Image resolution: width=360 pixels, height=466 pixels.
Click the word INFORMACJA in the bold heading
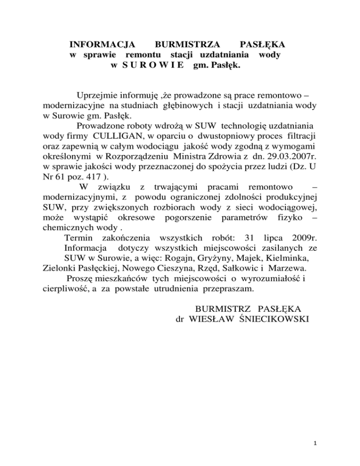click(102, 45)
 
